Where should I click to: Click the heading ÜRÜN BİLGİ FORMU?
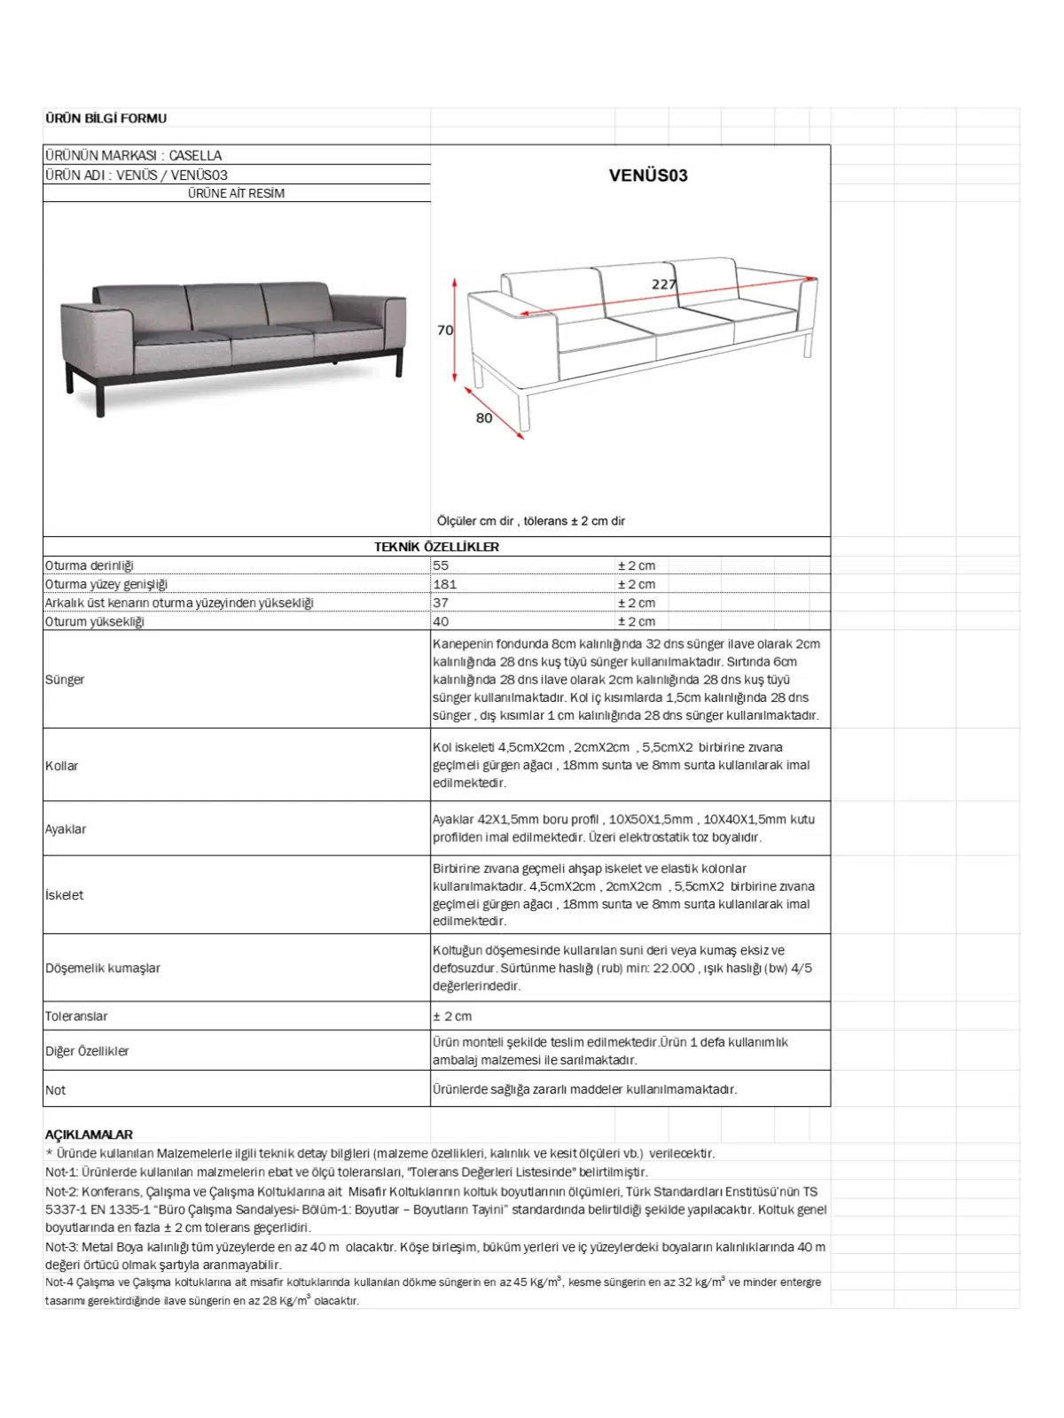(x=106, y=118)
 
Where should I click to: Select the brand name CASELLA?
(x=195, y=155)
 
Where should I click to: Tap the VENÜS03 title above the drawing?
(x=648, y=175)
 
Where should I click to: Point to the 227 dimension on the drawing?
(x=664, y=284)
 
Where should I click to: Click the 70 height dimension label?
(x=445, y=330)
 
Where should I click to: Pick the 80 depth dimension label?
(x=484, y=418)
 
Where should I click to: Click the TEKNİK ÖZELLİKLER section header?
(x=436, y=547)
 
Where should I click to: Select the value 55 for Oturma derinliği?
(x=441, y=565)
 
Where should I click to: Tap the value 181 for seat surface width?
(x=445, y=584)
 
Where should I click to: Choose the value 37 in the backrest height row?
(x=441, y=603)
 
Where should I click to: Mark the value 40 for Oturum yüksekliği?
(x=441, y=621)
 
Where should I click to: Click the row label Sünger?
(x=65, y=680)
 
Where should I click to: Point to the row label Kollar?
(x=62, y=766)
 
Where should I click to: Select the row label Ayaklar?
(x=66, y=830)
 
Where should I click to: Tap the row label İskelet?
(x=65, y=895)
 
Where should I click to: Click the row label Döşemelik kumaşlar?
(x=103, y=968)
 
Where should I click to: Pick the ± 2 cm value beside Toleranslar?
(x=452, y=1017)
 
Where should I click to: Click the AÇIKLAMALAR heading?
(x=89, y=1134)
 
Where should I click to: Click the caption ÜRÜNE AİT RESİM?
(x=236, y=193)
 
